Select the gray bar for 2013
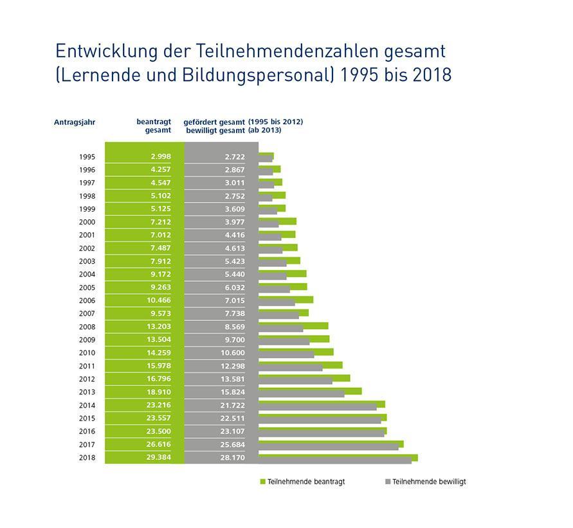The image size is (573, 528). pyautogui.click(x=301, y=394)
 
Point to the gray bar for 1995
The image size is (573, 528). pyautogui.click(x=265, y=159)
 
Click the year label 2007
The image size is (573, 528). pyautogui.click(x=87, y=313)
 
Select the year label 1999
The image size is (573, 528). pyautogui.click(x=87, y=209)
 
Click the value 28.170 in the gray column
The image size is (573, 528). pyautogui.click(x=235, y=457)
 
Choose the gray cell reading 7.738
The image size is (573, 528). pyautogui.click(x=235, y=313)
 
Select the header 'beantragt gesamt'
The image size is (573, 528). pyautogui.click(x=154, y=125)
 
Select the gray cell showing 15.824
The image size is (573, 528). pyautogui.click(x=235, y=392)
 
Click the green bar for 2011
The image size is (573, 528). pyautogui.click(x=300, y=365)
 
